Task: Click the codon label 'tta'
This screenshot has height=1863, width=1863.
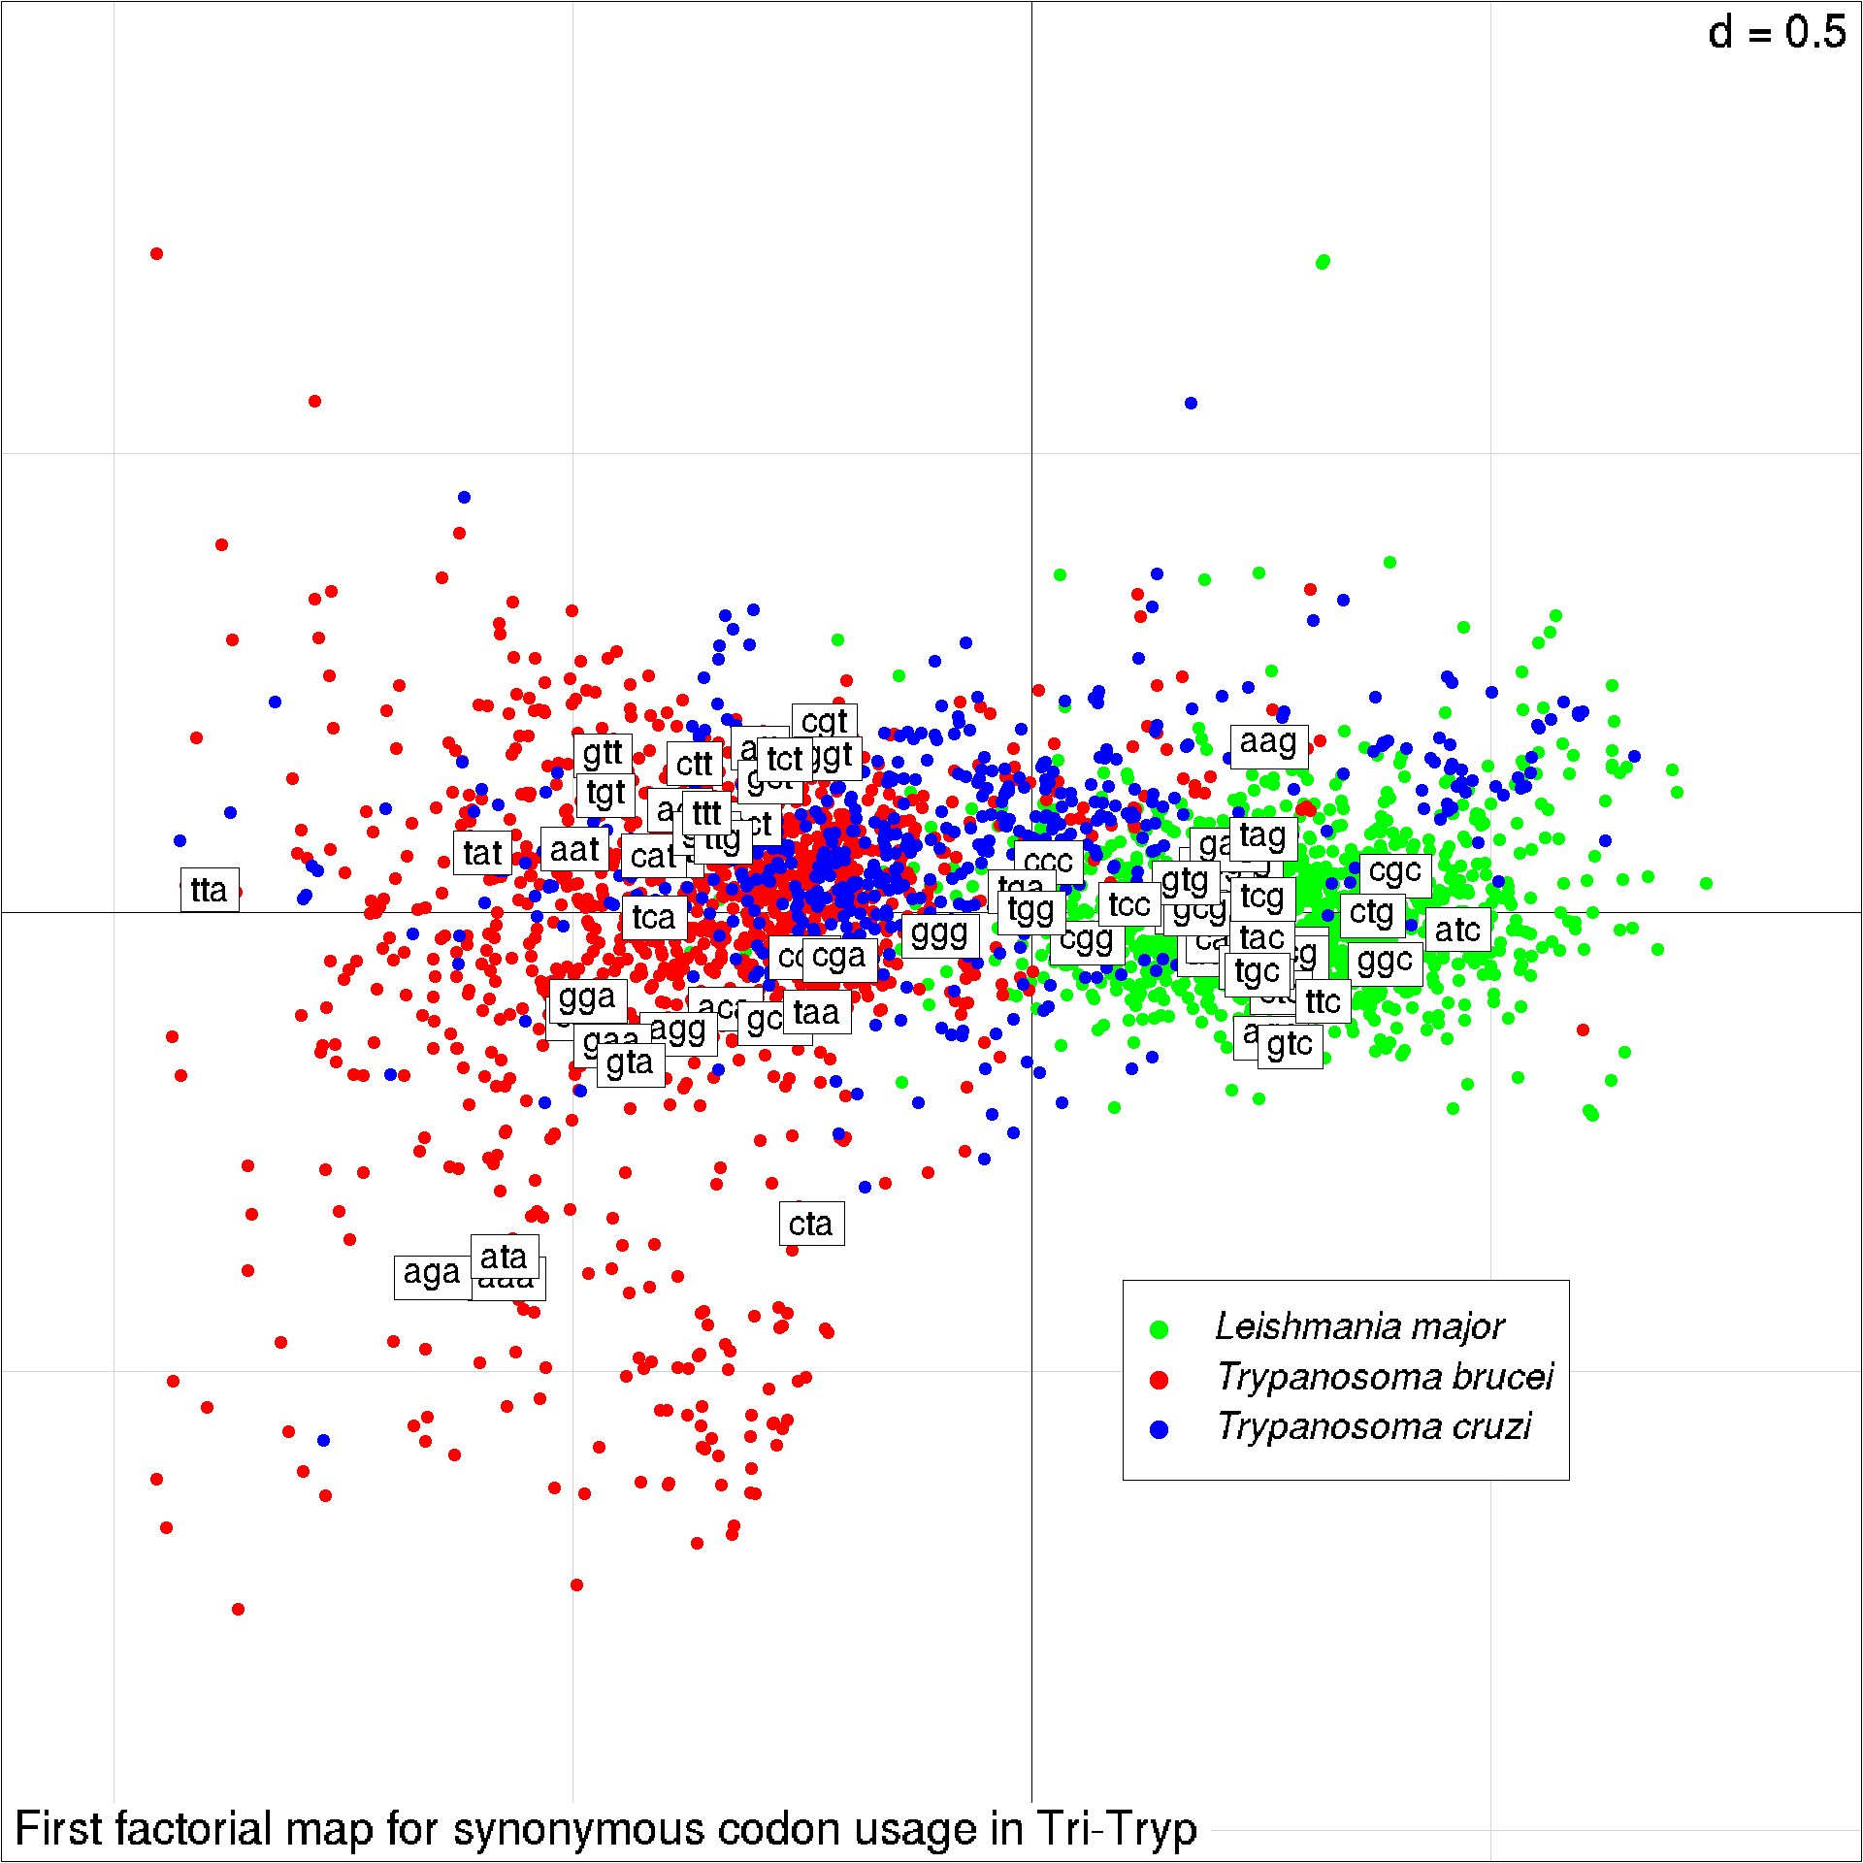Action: [x=209, y=890]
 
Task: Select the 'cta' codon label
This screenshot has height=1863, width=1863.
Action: [x=811, y=1224]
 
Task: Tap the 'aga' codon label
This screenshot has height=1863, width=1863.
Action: [x=431, y=1272]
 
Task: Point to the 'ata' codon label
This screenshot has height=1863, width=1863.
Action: [x=504, y=1257]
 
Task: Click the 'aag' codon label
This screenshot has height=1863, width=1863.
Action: [x=1268, y=742]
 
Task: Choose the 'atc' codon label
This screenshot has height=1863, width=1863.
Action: [x=1456, y=930]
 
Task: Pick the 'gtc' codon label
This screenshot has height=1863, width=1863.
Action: [x=1289, y=1045]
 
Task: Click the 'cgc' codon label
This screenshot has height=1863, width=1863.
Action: [x=1394, y=871]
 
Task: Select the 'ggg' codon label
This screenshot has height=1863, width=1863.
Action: [x=939, y=933]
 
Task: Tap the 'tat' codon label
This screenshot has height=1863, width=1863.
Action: [x=482, y=853]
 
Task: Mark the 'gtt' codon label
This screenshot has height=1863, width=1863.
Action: [x=603, y=753]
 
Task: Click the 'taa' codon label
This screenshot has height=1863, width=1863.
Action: [x=816, y=1012]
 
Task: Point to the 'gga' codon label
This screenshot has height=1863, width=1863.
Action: [x=587, y=997]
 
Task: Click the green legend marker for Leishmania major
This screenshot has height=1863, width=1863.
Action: [x=1159, y=1329]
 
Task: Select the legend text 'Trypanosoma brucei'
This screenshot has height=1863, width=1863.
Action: [x=1385, y=1376]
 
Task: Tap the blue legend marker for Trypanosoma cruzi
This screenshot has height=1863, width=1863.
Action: [x=1159, y=1429]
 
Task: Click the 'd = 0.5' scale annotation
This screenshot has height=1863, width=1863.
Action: [x=1777, y=33]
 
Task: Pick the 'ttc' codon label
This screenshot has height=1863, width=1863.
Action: [x=1323, y=1001]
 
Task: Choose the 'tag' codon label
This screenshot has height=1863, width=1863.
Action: [x=1262, y=835]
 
